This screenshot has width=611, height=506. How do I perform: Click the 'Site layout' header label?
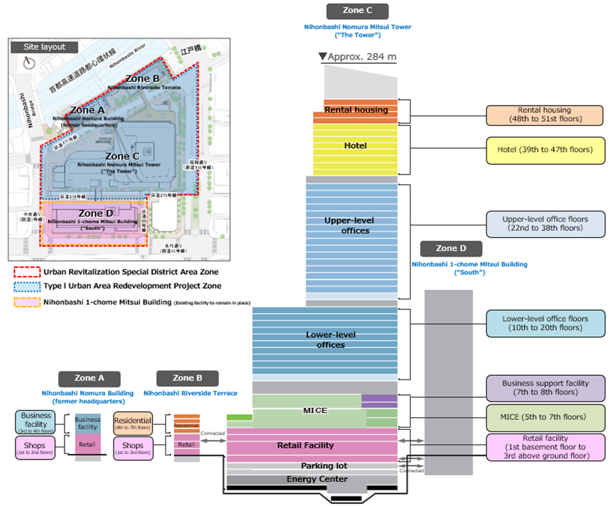tap(44, 47)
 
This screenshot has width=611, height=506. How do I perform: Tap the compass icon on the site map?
tap(28, 62)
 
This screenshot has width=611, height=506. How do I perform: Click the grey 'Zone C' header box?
tap(357, 11)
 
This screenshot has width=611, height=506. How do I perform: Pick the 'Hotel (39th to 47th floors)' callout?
tap(545, 150)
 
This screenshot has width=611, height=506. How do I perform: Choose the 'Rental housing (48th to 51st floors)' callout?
tap(545, 115)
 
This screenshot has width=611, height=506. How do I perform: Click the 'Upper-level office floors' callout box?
tap(545, 223)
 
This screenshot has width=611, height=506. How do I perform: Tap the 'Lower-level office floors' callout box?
tap(545, 323)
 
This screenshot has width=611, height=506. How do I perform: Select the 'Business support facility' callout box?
tap(545, 388)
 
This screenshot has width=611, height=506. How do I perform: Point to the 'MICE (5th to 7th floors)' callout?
tap(545, 417)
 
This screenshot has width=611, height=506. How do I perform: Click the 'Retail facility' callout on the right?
tap(545, 447)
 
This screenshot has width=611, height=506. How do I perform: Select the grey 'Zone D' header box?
tap(450, 248)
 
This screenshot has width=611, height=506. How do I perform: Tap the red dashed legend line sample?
tap(26, 272)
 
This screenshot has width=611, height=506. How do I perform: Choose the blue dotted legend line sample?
tap(26, 286)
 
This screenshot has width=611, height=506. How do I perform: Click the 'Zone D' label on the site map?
tap(91, 213)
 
